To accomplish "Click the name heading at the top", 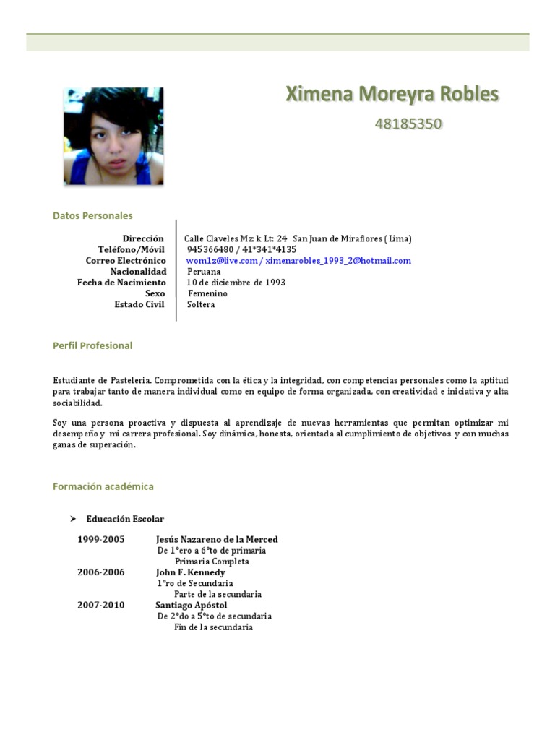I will [392, 94].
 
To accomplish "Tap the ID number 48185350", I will [408, 124].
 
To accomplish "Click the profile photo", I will [113, 136].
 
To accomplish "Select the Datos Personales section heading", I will [92, 215].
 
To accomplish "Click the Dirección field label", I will [144, 238].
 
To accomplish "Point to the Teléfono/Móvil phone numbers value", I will [241, 249].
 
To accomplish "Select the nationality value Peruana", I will [204, 272].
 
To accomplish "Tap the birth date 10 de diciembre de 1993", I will [236, 283].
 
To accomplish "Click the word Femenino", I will [207, 293].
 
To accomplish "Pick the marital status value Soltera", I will [201, 304].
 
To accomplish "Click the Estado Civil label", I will [139, 304].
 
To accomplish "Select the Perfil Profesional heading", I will [92, 345].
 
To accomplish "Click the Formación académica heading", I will [103, 486].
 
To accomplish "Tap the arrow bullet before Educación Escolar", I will [72, 519].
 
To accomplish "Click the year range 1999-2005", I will [101, 539].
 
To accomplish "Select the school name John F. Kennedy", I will [191, 572].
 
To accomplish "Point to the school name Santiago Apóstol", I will [192, 605].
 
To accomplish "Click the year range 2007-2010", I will [101, 605].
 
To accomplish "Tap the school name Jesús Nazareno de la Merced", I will [217, 539].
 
